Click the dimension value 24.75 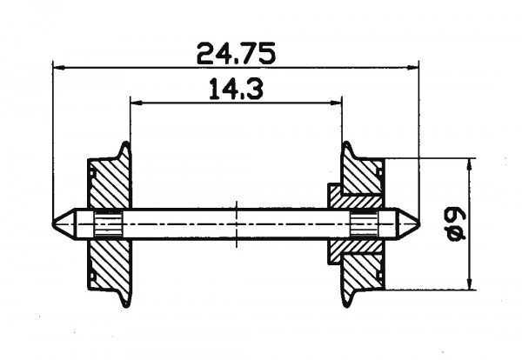point(236,53)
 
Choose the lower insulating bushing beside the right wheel point(336,251)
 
